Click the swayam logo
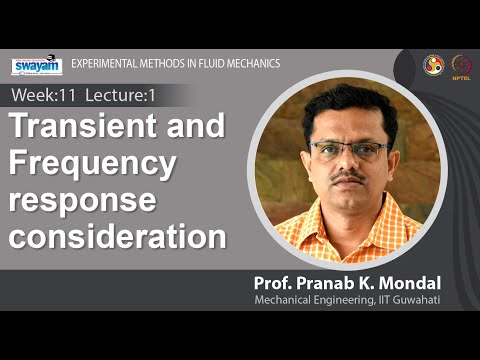[36, 66]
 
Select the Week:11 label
[42, 95]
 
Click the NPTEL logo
[462, 64]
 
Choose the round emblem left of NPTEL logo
[434, 64]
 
